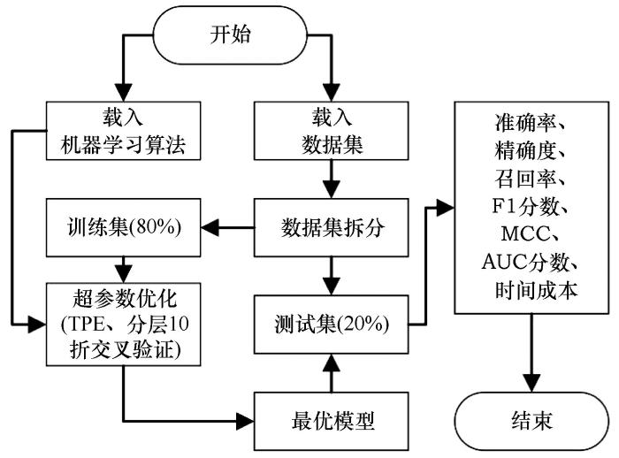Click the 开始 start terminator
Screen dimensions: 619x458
[x=230, y=35]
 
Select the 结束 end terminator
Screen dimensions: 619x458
[x=531, y=421]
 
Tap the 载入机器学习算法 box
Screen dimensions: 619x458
[x=124, y=131]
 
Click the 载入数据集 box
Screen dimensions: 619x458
[x=332, y=131]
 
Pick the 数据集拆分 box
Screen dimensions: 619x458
[x=332, y=228]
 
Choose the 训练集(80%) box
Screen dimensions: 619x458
[x=124, y=228]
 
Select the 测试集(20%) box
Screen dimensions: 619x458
[x=332, y=324]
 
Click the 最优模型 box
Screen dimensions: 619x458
[x=332, y=421]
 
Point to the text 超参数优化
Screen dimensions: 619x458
[x=125, y=299]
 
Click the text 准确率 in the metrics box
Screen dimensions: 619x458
[x=526, y=123]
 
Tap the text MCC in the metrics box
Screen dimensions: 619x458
[x=525, y=233]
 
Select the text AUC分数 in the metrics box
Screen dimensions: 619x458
[x=526, y=262]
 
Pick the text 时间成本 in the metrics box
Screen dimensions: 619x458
[x=536, y=290]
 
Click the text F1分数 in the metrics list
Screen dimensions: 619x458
[x=526, y=206]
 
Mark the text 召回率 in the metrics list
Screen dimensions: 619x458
[x=526, y=178]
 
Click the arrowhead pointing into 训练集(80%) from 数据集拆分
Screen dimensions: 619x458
[x=210, y=228]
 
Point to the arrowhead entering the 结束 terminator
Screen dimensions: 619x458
[x=531, y=383]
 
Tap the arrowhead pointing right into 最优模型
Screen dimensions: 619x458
[x=245, y=421]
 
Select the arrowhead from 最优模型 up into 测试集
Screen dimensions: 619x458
[x=332, y=363]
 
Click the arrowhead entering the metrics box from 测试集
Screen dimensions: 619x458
[x=446, y=207]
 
